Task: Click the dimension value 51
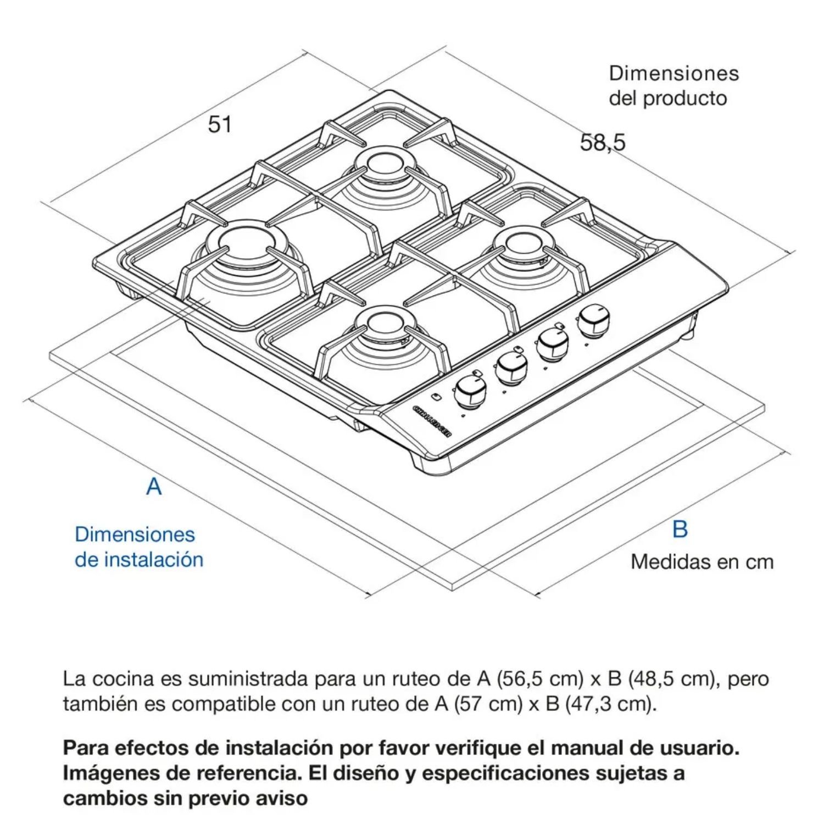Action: pos(220,124)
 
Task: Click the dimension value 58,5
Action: pos(603,143)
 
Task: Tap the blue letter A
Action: pos(154,487)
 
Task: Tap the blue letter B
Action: pos(680,529)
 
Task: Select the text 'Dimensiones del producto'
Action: pos(674,86)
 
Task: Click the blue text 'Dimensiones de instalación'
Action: pos(139,547)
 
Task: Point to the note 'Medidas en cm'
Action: pos(702,561)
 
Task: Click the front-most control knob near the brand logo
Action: pos(471,392)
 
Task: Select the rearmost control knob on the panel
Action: pos(593,321)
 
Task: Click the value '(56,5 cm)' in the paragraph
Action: pos(539,679)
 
